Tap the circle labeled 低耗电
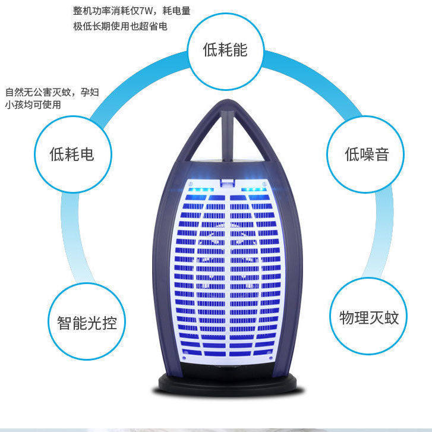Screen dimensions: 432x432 pyautogui.click(x=72, y=156)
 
